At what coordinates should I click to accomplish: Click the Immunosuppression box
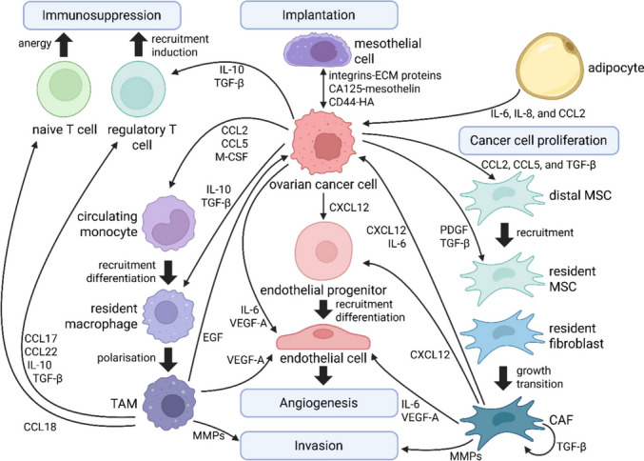[x=102, y=15]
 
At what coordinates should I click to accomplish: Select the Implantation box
[x=319, y=15]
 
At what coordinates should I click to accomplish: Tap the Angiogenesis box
[x=319, y=403]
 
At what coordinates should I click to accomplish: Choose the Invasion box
[x=319, y=446]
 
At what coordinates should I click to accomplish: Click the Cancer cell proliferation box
[x=538, y=140]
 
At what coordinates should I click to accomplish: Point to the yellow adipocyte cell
[x=550, y=68]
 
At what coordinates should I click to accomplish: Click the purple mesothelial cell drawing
[x=318, y=51]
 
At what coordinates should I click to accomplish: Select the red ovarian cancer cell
[x=323, y=142]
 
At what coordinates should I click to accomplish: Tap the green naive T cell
[x=64, y=88]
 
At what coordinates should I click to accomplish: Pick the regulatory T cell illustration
[x=139, y=90]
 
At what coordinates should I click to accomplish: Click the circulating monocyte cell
[x=168, y=223]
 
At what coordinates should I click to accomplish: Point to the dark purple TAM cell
[x=169, y=402]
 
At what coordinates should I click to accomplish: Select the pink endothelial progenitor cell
[x=323, y=251]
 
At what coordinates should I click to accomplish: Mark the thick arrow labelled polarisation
[x=168, y=359]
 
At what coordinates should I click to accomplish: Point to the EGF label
[x=213, y=337]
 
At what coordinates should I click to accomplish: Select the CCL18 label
[x=40, y=427]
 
